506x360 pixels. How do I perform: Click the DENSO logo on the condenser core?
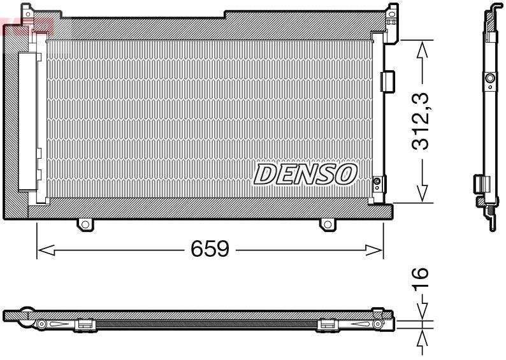click(x=305, y=174)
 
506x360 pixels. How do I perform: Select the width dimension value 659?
click(x=210, y=248)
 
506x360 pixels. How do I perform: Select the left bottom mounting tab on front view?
click(x=85, y=224)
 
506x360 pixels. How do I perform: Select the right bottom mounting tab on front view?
click(x=326, y=224)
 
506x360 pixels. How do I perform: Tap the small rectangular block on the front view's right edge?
click(x=387, y=82)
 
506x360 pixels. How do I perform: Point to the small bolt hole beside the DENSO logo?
click(x=377, y=183)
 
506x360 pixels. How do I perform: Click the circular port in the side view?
click(x=489, y=79)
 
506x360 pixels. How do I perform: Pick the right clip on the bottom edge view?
click(x=327, y=325)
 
